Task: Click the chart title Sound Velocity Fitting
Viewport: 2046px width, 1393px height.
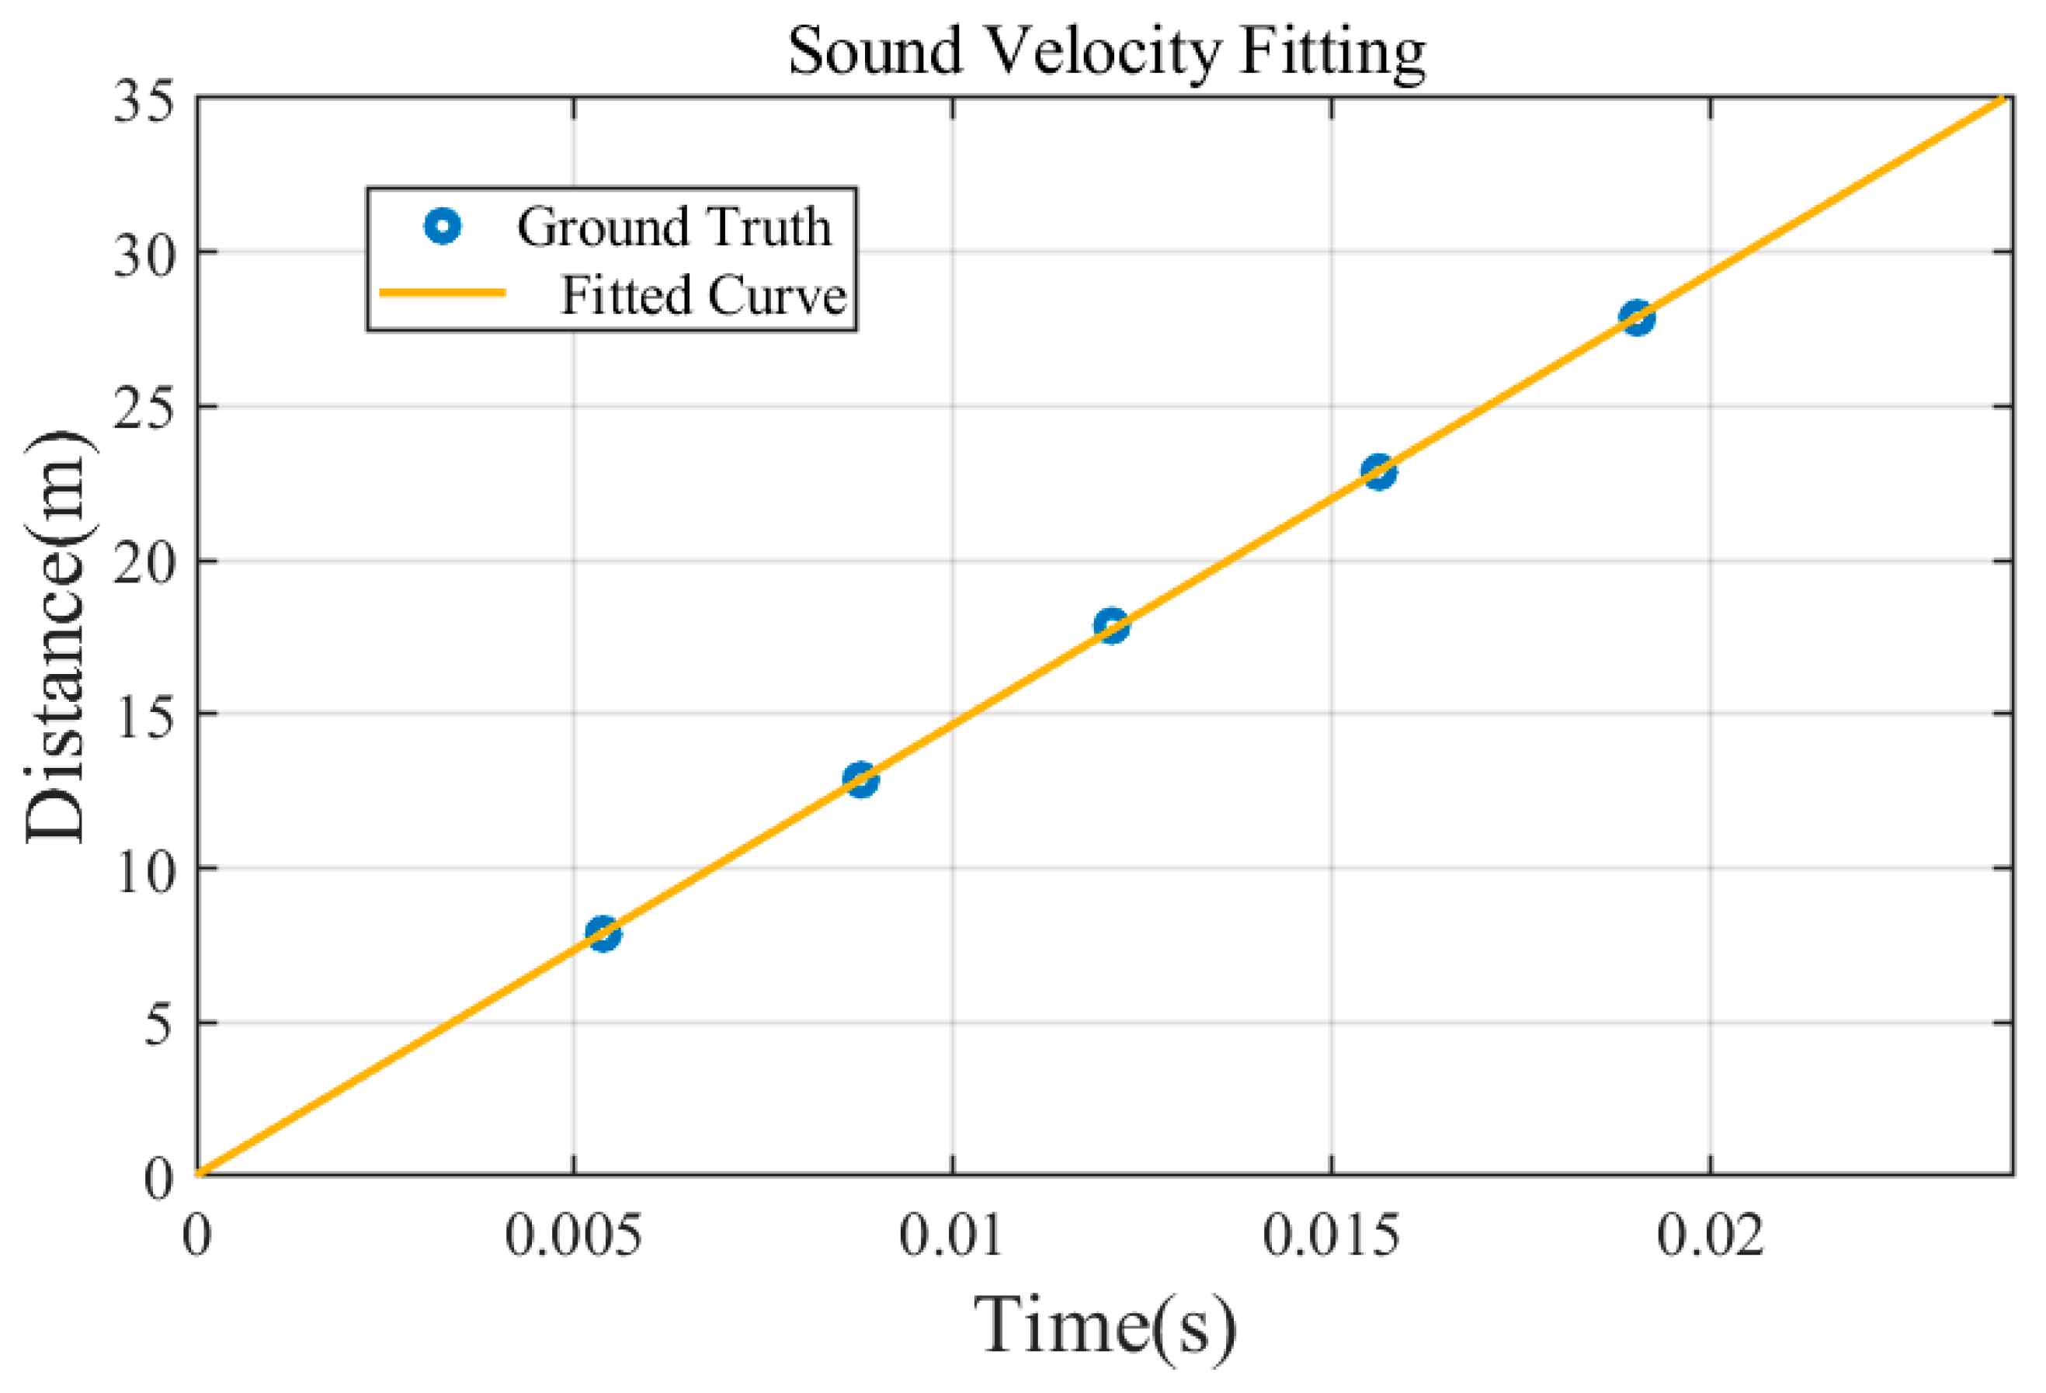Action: click(1106, 51)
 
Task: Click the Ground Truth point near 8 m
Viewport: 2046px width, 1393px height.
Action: click(603, 933)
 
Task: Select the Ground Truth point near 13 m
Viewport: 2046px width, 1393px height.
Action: click(860, 780)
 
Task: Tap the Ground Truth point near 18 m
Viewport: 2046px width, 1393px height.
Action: click(1111, 626)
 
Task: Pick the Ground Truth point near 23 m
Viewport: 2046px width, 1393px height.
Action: click(1379, 472)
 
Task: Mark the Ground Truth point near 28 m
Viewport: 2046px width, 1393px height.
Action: click(1637, 317)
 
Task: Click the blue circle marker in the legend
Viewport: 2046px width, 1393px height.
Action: click(443, 228)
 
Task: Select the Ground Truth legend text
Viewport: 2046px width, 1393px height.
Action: click(673, 228)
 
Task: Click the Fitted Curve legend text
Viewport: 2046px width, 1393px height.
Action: click(703, 295)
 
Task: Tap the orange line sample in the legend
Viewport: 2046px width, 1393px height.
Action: click(443, 292)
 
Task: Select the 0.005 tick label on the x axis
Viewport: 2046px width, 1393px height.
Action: click(573, 1235)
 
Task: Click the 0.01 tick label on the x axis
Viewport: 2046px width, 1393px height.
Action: click(951, 1235)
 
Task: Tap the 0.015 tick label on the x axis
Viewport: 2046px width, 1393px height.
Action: click(1330, 1235)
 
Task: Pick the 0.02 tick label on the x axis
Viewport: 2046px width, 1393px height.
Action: click(1710, 1235)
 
